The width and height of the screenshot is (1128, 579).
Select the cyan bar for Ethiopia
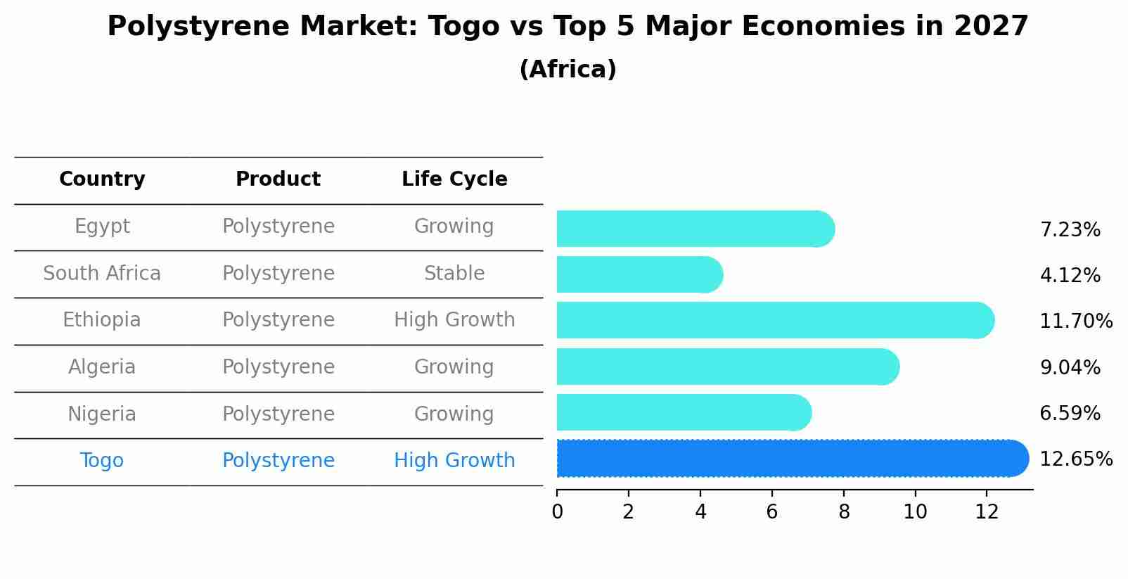[x=774, y=321]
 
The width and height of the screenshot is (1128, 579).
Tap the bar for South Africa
[x=639, y=274]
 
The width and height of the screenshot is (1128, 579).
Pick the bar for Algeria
[x=726, y=367]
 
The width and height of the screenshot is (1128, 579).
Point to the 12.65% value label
[x=1075, y=459]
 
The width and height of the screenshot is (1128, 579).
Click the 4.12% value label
[x=1070, y=276]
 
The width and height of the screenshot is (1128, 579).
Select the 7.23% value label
[x=1070, y=230]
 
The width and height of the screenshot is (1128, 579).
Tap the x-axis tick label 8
[x=844, y=512]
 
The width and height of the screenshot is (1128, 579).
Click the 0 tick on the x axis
[x=557, y=512]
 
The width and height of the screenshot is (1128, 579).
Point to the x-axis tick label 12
[x=987, y=512]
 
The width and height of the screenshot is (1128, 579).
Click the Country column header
[x=102, y=179]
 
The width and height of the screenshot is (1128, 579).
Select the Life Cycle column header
[x=454, y=179]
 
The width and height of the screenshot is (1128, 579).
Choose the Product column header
[x=278, y=179]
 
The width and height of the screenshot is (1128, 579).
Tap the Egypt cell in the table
[x=102, y=227]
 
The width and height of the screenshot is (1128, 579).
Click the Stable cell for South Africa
[x=454, y=274]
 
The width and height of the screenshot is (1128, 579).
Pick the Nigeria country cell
[x=102, y=414]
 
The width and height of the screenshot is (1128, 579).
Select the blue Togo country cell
[x=102, y=461]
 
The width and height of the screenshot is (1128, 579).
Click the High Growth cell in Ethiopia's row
[x=454, y=320]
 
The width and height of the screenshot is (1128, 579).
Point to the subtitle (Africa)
[x=568, y=70]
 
